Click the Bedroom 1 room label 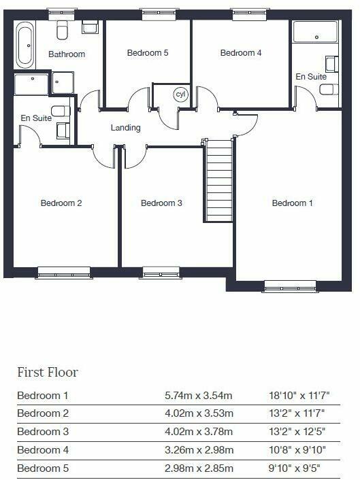point(293,203)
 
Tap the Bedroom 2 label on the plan point(61,203)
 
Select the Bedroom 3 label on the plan point(161,203)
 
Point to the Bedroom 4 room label point(241,53)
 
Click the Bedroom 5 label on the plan point(148,53)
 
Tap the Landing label point(126,127)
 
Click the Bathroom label point(67,54)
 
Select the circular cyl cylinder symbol point(180,95)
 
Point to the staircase point(219,181)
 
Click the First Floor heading point(48,372)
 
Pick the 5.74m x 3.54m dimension point(199,395)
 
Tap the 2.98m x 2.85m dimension point(199,468)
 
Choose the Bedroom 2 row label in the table point(40,413)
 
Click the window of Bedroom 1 point(291,286)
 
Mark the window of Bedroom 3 point(161,273)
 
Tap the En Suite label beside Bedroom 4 point(311,77)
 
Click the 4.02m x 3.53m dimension point(199,413)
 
